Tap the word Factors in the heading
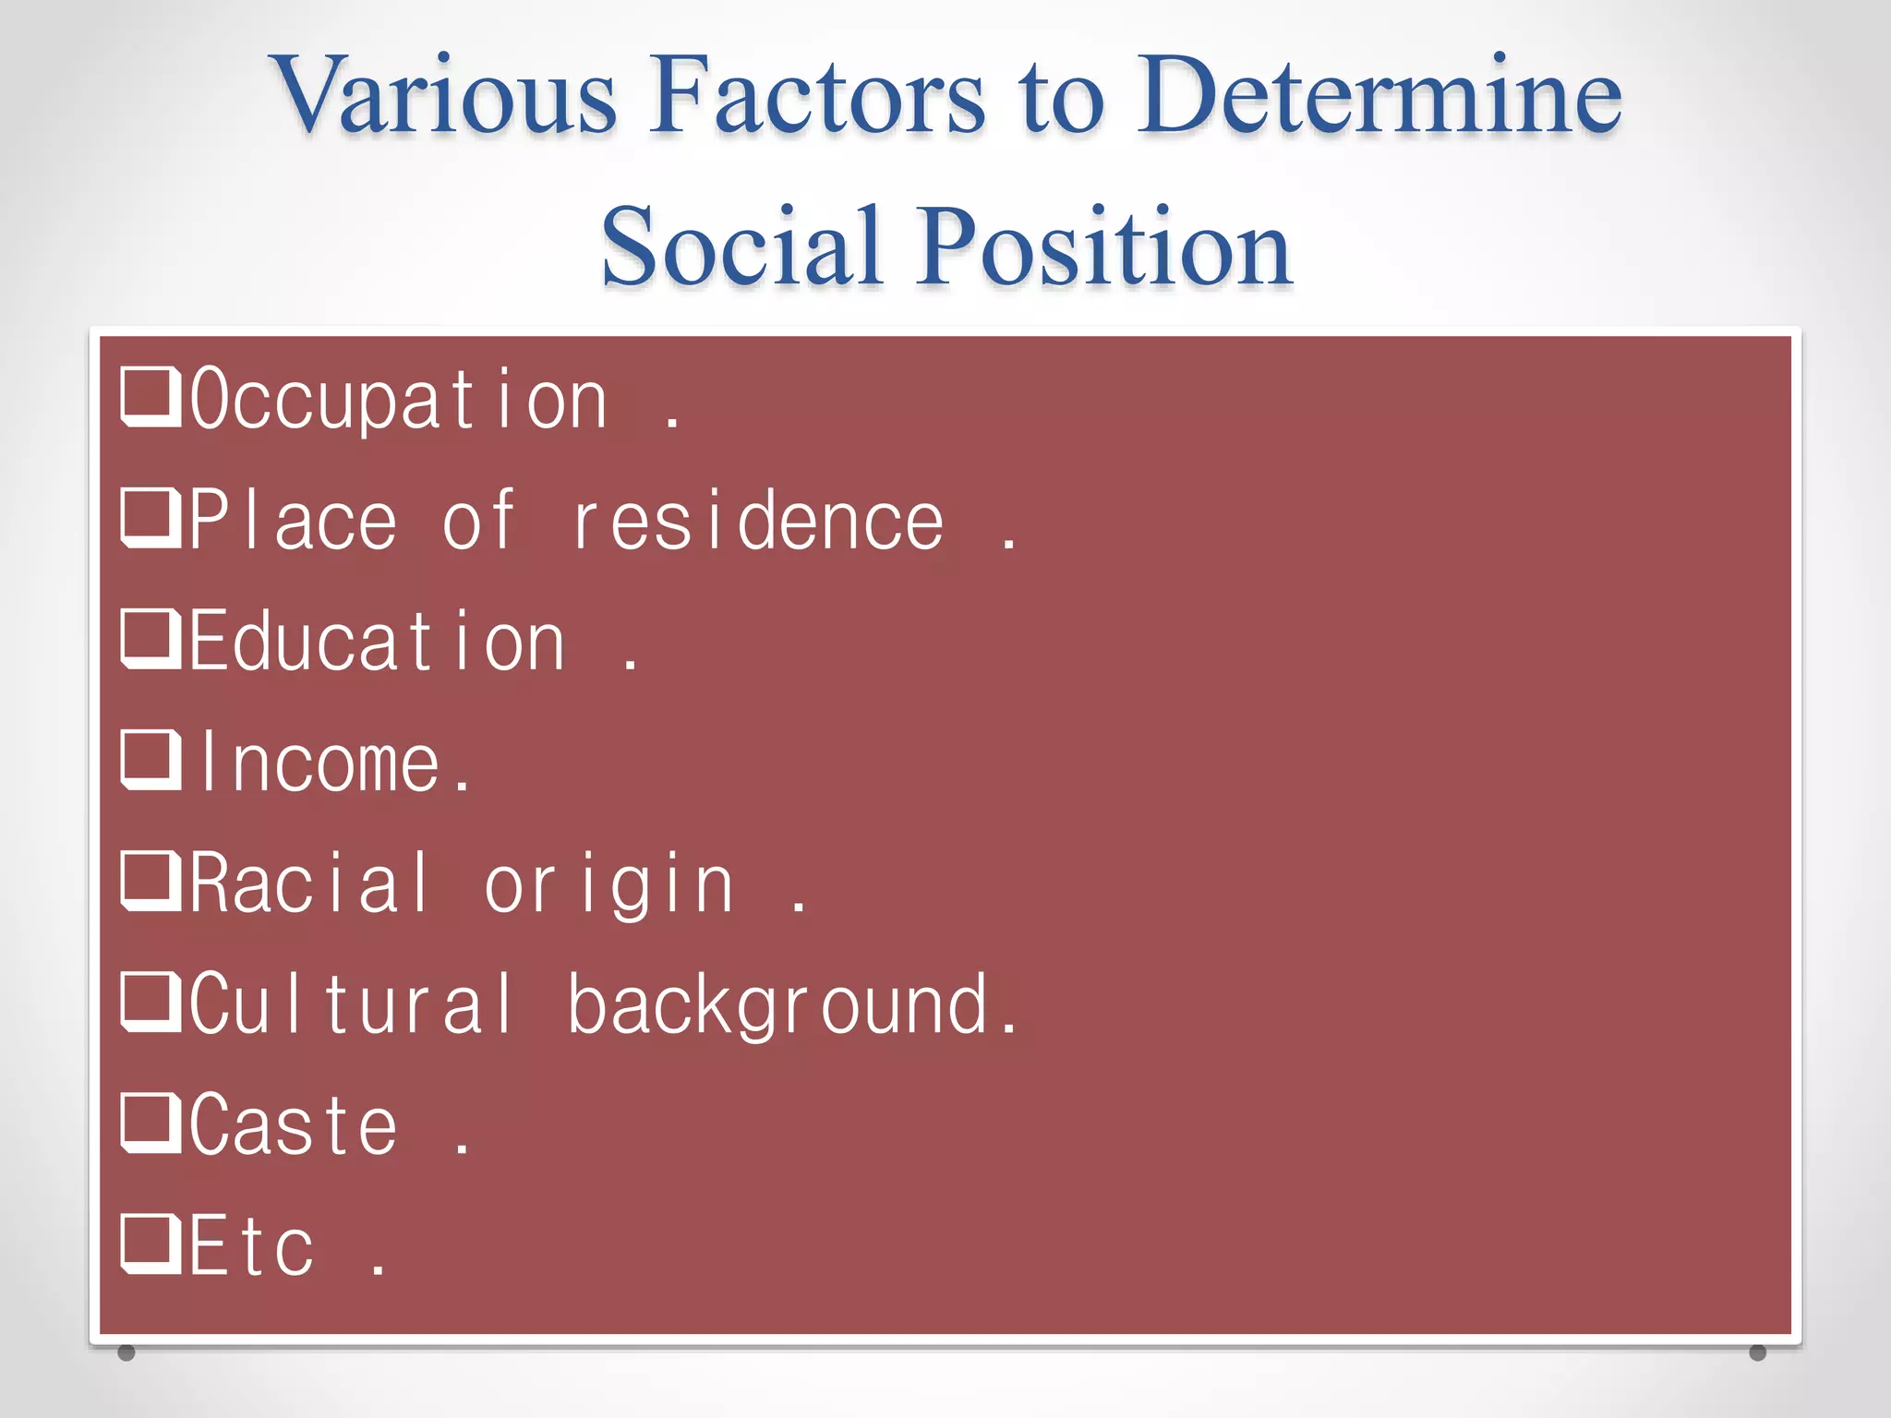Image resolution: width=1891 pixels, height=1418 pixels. point(817,95)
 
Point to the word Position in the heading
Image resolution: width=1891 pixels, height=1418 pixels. point(1104,246)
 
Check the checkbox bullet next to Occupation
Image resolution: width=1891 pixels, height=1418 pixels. point(151,397)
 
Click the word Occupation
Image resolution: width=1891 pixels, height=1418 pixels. point(399,399)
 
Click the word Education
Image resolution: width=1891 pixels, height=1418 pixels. point(377,643)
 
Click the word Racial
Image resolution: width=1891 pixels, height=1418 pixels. point(310,884)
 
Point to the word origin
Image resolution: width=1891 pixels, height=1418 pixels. point(609,886)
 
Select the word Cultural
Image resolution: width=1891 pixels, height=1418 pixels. point(351,1004)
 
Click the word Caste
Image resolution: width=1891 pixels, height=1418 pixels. point(294,1125)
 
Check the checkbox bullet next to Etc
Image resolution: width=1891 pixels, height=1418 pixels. point(151,1244)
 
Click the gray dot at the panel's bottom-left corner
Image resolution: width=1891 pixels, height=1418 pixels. point(126,1352)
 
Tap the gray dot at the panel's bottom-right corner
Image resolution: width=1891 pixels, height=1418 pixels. point(1757,1352)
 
